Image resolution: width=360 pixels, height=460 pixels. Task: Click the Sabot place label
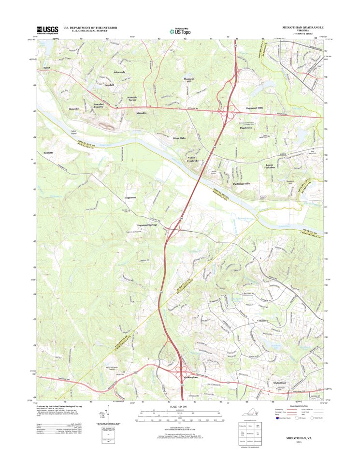47,68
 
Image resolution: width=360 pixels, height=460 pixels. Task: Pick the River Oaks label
179,138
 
